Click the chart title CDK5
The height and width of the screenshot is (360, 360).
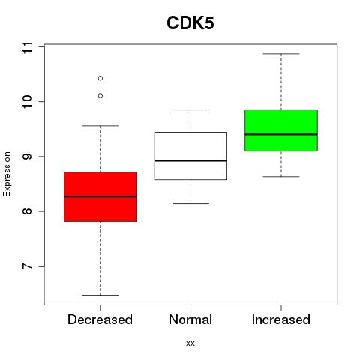click(x=190, y=23)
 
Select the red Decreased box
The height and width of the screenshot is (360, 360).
click(x=100, y=196)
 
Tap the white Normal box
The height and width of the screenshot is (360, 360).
click(x=190, y=156)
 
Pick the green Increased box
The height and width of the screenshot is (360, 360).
click(x=281, y=130)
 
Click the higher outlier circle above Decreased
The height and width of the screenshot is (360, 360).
click(x=100, y=78)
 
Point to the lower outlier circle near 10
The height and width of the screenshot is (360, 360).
click(x=100, y=95)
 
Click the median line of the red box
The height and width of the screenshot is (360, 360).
click(x=100, y=196)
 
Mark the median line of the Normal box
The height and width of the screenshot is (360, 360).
click(x=190, y=160)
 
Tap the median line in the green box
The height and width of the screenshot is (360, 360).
click(x=281, y=134)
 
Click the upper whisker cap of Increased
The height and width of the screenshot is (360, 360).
click(x=281, y=54)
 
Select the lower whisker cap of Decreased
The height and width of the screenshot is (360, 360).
click(x=100, y=295)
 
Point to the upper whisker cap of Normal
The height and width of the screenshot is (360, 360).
click(x=190, y=109)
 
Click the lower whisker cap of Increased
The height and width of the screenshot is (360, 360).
click(x=281, y=177)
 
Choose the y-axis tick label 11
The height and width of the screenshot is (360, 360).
click(x=27, y=47)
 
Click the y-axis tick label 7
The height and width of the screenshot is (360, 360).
click(x=27, y=266)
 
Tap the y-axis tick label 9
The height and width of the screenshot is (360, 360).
click(x=27, y=157)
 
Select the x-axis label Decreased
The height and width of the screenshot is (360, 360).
click(x=100, y=319)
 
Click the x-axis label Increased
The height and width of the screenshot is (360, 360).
click(x=281, y=319)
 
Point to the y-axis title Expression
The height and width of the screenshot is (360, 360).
click(x=7, y=174)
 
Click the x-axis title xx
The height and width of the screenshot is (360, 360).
click(x=190, y=343)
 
